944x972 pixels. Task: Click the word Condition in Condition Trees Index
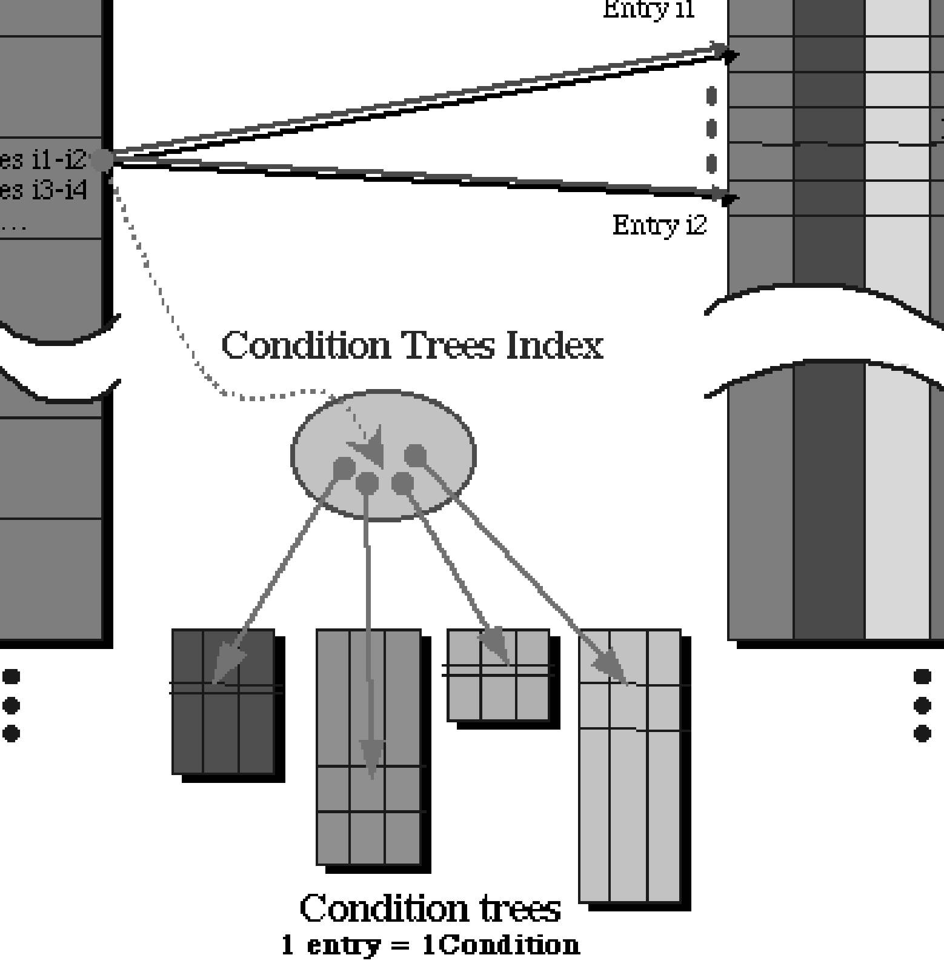(x=306, y=345)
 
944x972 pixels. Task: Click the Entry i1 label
(x=648, y=9)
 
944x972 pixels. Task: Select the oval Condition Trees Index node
(x=384, y=454)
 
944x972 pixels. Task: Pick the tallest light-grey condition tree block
(x=630, y=766)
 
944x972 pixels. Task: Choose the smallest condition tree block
(x=498, y=675)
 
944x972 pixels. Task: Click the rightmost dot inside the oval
(x=416, y=456)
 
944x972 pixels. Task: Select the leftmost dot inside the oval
(x=344, y=468)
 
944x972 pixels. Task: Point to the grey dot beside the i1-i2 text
(x=102, y=160)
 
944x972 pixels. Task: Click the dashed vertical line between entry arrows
(x=711, y=129)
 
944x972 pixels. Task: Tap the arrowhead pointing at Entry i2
(x=728, y=198)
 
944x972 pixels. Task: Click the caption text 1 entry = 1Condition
(x=430, y=945)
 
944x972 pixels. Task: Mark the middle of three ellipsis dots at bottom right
(x=922, y=705)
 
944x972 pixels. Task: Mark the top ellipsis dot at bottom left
(x=12, y=676)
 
